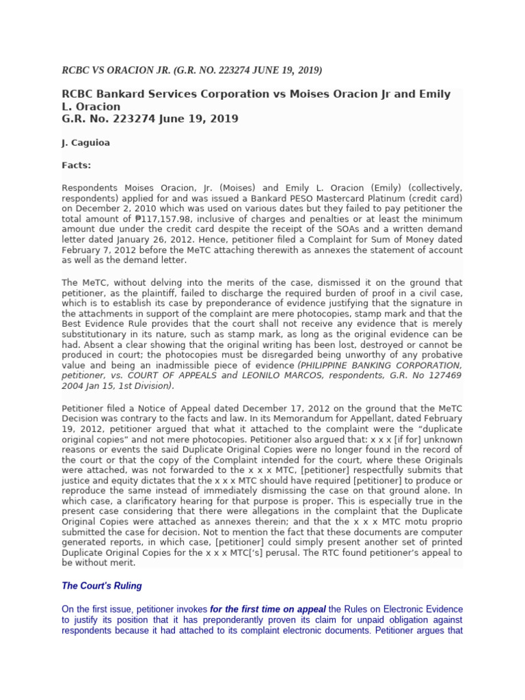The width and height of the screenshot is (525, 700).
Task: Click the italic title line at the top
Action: pyautogui.click(x=192, y=70)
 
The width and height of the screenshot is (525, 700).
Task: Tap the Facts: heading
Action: pyautogui.click(x=77, y=165)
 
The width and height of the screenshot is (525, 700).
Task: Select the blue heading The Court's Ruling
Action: pyautogui.click(x=102, y=586)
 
